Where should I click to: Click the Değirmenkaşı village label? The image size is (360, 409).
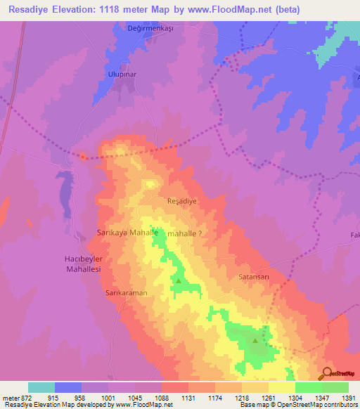[x=139, y=27]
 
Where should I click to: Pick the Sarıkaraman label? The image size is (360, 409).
[x=126, y=292]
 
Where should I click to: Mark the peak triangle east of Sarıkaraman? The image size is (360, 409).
[x=178, y=282]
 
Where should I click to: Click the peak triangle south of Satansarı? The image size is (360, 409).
[x=255, y=340]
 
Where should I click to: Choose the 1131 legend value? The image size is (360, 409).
[x=188, y=397]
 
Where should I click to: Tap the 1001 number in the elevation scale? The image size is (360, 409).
[x=108, y=397]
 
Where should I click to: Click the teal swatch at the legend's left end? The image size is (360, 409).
[x=41, y=387]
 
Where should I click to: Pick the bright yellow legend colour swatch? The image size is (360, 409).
[x=281, y=387]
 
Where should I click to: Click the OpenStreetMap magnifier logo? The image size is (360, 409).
[x=328, y=372]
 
